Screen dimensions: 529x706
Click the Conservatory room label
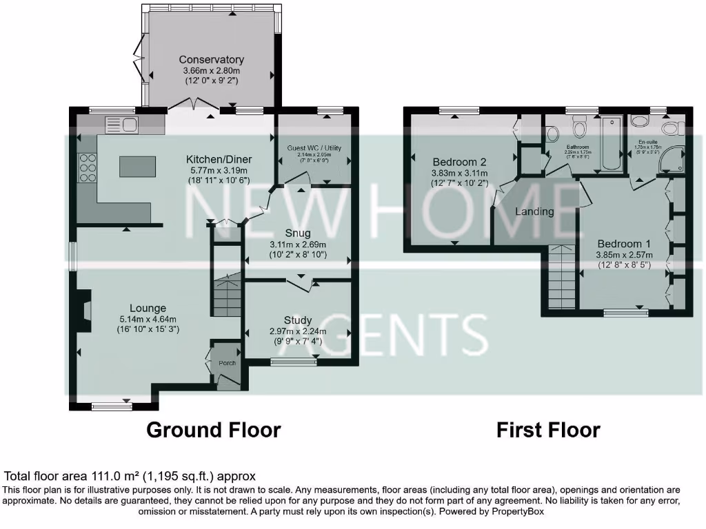(x=211, y=60)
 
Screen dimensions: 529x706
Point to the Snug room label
(x=297, y=233)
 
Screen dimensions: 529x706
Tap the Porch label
(x=227, y=363)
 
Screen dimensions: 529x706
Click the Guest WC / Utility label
(x=314, y=148)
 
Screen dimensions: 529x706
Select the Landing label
(x=534, y=211)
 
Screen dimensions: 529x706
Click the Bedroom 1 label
(x=623, y=244)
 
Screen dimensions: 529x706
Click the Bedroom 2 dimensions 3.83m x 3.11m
(x=459, y=173)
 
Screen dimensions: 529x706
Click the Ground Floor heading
(x=214, y=431)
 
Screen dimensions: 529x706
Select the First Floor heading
(x=548, y=431)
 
